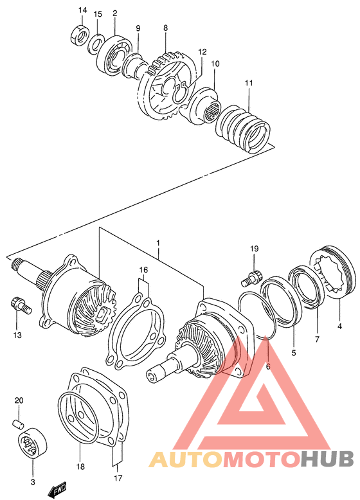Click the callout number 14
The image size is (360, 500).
82,10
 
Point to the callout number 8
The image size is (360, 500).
165,28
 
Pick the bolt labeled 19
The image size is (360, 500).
250,278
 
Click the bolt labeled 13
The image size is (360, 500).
19,304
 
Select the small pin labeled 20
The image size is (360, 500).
20,423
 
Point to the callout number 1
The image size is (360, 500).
157,243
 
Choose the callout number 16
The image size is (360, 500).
144,270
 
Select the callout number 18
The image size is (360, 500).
80,466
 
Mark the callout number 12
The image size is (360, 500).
203,51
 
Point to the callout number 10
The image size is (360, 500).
215,64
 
